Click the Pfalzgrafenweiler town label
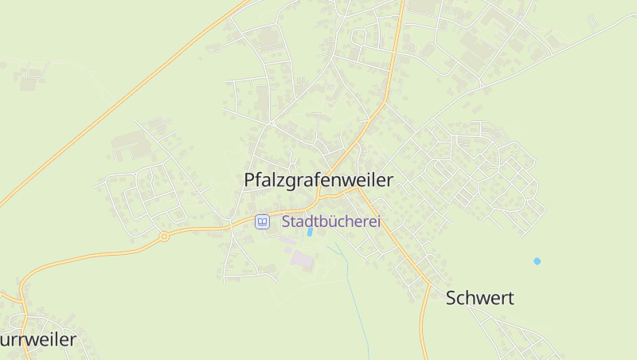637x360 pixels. click(x=318, y=181)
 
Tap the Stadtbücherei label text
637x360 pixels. click(x=330, y=221)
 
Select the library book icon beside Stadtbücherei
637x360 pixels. click(x=262, y=221)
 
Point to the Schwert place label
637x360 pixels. click(x=479, y=299)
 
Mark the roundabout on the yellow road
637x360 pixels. click(x=164, y=236)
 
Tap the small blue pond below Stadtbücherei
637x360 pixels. click(x=309, y=232)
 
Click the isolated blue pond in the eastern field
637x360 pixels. click(x=537, y=260)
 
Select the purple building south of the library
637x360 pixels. click(x=302, y=258)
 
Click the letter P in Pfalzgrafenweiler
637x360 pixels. click(x=248, y=181)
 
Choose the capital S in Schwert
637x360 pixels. click(x=451, y=299)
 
